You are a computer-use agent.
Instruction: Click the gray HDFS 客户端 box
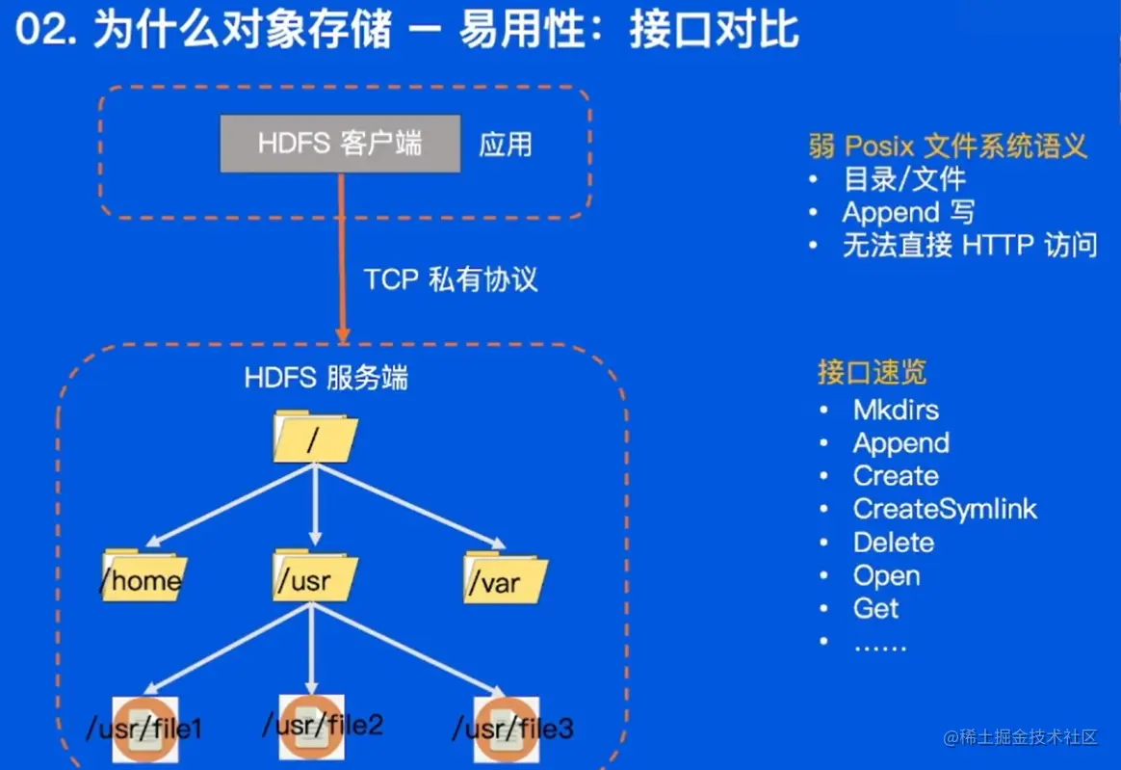tap(340, 144)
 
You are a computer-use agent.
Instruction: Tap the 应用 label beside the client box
tap(506, 145)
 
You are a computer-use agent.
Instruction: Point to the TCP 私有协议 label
tap(450, 279)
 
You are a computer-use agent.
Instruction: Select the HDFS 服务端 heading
tap(326, 378)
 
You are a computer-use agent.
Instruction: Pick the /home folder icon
tap(143, 576)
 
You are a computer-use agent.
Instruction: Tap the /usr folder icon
tap(314, 576)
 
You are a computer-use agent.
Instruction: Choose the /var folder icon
tap(504, 578)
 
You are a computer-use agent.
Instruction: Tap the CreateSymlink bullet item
tap(945, 509)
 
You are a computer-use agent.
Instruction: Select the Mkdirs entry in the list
tap(896, 410)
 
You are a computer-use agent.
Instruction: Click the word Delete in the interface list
tap(894, 542)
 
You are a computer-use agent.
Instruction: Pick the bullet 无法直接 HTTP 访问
tap(969, 245)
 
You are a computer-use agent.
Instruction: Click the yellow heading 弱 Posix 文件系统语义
tap(948, 146)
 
